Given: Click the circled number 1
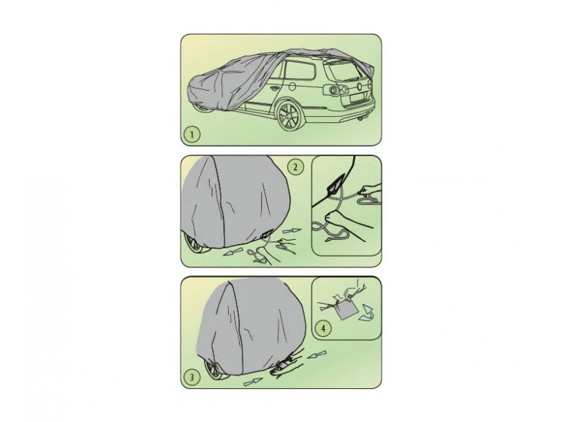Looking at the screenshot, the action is tap(191, 134).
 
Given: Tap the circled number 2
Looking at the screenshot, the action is tap(296, 167).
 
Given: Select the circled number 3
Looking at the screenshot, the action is tap(191, 377).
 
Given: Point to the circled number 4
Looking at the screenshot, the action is tap(323, 328).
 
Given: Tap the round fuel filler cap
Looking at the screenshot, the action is tap(292, 87).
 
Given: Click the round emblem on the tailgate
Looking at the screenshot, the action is tap(360, 86).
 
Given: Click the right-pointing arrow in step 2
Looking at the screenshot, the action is tap(292, 231).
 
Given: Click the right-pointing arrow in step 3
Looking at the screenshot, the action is tap(253, 382).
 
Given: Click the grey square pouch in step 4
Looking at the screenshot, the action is tap(345, 310).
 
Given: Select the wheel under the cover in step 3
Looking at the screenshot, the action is tap(215, 372).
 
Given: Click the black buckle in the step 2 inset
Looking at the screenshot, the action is tap(336, 184).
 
